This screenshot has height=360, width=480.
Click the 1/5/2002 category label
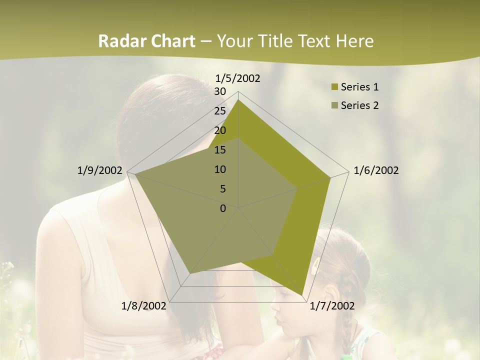tap(238, 78)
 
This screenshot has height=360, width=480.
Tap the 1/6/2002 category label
tap(376, 170)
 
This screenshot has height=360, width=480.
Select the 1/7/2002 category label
tap(332, 306)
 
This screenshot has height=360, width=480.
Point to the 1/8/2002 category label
tap(144, 306)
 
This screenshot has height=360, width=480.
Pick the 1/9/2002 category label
tap(100, 170)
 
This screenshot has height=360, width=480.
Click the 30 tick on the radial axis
tap(220, 91)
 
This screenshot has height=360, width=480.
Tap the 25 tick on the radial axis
tap(220, 111)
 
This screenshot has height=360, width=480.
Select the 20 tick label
tap(220, 130)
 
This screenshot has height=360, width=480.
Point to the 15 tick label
tap(220, 150)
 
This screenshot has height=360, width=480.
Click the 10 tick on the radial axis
tap(220, 169)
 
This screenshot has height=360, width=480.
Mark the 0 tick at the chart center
tap(223, 208)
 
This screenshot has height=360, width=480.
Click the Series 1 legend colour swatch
tap(335, 87)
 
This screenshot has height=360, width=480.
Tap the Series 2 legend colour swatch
tap(335, 105)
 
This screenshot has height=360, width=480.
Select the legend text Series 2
tap(359, 105)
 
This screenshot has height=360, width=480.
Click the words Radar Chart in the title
tap(146, 41)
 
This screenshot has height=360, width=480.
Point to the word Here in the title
tap(354, 41)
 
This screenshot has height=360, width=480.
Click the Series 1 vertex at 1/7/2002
tap(302, 295)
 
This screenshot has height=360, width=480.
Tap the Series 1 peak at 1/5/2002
tap(238, 100)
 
